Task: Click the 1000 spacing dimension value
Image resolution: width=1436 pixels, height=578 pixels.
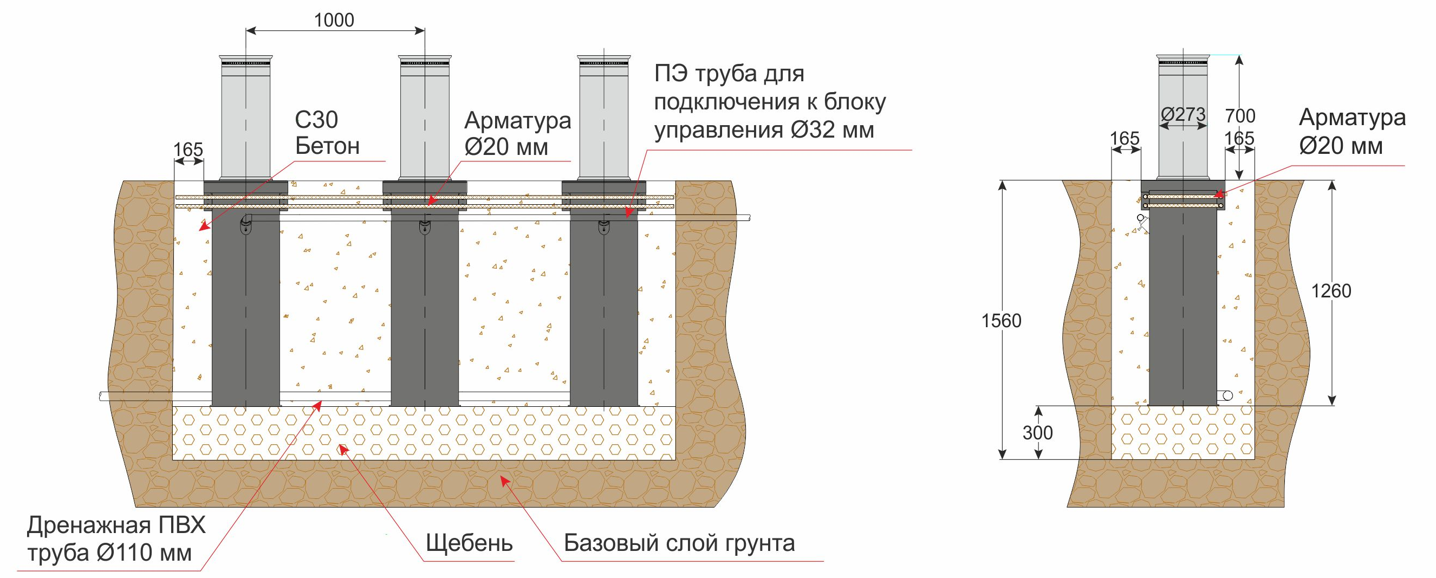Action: (334, 21)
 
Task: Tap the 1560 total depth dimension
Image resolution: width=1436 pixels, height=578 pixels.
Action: (1001, 321)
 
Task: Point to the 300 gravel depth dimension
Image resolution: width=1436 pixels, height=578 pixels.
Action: (1037, 433)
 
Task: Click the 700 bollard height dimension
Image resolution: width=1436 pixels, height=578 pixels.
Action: (1240, 116)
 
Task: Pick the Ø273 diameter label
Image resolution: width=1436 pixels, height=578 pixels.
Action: (1183, 115)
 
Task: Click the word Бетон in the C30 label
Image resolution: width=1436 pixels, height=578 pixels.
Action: (327, 147)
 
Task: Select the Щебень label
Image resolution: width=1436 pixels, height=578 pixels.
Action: (469, 542)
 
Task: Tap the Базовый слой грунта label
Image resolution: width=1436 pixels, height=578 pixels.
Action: (679, 542)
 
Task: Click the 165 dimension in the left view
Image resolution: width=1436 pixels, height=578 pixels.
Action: (189, 150)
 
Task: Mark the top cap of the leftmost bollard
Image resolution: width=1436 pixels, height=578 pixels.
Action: (246, 57)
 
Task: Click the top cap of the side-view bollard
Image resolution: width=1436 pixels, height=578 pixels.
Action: (1183, 56)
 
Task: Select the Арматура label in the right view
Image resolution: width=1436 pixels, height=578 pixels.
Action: (1353, 118)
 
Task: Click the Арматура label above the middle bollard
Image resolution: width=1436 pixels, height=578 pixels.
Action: (518, 120)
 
